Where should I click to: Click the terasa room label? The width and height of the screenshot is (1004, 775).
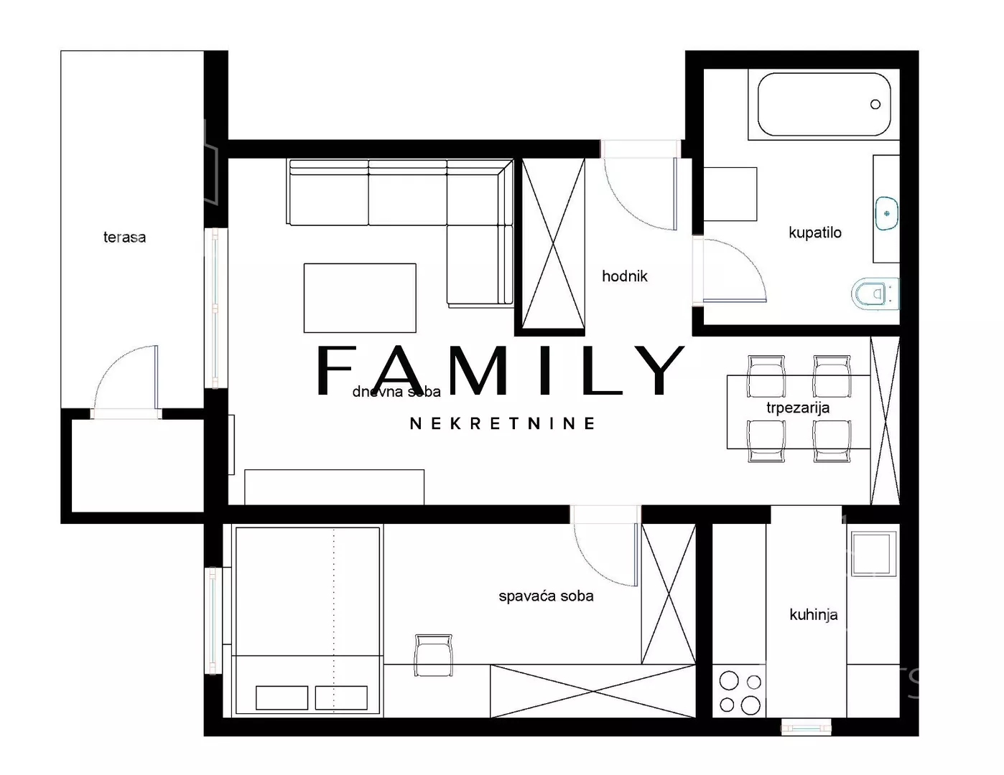point(124,238)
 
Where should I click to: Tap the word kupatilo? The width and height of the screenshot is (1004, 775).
point(815,232)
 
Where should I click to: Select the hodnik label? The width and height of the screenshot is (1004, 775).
point(625,276)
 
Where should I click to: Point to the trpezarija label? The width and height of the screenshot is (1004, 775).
point(797,408)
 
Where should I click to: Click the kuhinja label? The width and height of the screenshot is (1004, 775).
point(814,615)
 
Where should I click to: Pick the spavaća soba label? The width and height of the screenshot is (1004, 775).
point(546,596)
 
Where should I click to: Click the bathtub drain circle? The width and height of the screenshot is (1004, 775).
point(875,104)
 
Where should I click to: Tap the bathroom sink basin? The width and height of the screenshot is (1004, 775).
point(886,213)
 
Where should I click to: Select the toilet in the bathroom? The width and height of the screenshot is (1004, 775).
point(875,293)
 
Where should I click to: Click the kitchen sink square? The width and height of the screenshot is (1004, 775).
point(871,554)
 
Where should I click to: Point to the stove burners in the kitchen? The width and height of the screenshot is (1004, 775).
point(739,692)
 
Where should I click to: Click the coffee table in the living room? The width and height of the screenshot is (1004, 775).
point(360,298)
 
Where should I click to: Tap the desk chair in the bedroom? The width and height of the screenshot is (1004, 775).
point(433,655)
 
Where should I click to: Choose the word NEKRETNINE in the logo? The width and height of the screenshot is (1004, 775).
point(502,423)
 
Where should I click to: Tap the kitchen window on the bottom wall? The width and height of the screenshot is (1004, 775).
point(807,728)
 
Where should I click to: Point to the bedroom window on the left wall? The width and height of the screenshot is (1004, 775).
point(213,621)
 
